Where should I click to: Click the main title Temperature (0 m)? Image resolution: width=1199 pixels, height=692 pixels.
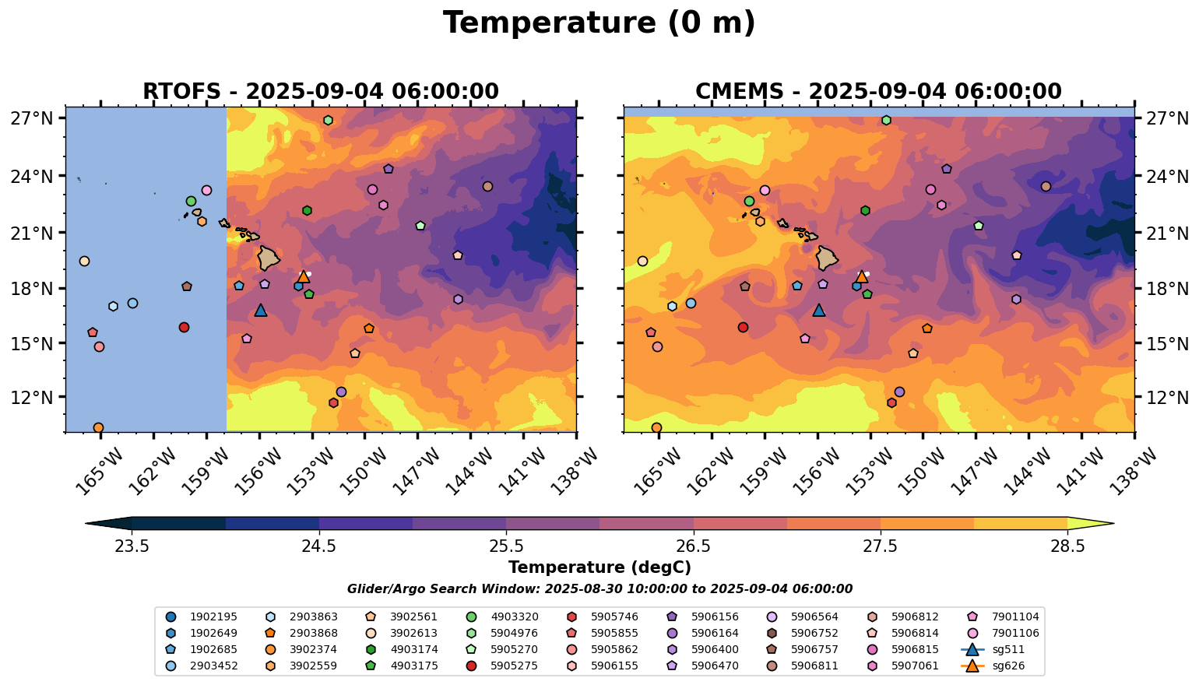click(599, 23)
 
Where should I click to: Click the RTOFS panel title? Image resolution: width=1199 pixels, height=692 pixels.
click(320, 91)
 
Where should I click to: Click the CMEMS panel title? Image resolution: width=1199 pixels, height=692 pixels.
click(878, 91)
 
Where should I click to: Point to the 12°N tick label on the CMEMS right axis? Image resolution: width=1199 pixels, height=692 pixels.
click(1169, 398)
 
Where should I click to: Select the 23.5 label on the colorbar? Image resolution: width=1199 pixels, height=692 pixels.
click(132, 546)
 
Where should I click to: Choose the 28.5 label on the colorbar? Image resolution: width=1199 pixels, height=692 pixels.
click(1067, 546)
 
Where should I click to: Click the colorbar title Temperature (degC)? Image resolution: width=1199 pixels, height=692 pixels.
click(599, 567)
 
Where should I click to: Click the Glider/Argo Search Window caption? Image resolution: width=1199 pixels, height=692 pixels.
click(599, 589)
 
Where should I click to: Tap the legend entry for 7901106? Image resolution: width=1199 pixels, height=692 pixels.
click(1013, 633)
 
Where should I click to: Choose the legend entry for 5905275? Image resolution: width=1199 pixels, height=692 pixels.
click(514, 666)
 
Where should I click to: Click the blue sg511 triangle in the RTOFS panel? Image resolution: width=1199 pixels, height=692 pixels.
click(261, 311)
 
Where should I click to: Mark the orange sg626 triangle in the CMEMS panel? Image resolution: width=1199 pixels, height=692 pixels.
click(861, 276)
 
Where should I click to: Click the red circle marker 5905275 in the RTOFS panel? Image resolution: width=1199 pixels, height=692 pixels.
click(184, 327)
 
